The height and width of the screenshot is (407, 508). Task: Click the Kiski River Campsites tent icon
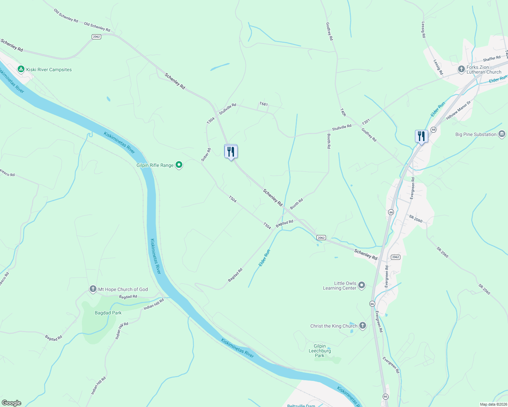(x=21, y=69)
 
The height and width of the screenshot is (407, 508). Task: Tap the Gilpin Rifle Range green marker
(x=179, y=165)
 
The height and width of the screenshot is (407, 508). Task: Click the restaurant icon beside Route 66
(x=421, y=136)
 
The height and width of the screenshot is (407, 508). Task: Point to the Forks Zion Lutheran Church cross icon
(x=461, y=69)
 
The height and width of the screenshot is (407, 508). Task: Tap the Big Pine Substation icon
(x=502, y=134)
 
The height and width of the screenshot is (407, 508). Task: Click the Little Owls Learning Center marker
(x=362, y=285)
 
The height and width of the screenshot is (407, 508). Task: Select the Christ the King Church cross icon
(x=363, y=326)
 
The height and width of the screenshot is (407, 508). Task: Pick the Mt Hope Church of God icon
(x=93, y=289)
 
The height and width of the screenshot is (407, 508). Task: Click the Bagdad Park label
(x=108, y=313)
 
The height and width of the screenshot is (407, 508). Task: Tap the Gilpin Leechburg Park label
(x=320, y=351)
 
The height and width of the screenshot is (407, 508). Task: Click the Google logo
(x=11, y=403)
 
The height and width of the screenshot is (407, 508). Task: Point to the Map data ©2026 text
(x=493, y=404)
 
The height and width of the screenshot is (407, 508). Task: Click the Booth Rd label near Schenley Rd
(x=296, y=204)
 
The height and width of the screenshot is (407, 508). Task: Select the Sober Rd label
(x=206, y=154)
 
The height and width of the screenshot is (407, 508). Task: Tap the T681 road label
(x=264, y=104)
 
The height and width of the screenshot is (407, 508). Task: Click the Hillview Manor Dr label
(x=458, y=110)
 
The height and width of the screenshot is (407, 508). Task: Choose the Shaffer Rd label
(x=492, y=59)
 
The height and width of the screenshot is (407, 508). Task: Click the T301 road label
(x=366, y=122)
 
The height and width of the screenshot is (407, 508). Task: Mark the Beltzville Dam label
(x=301, y=405)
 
